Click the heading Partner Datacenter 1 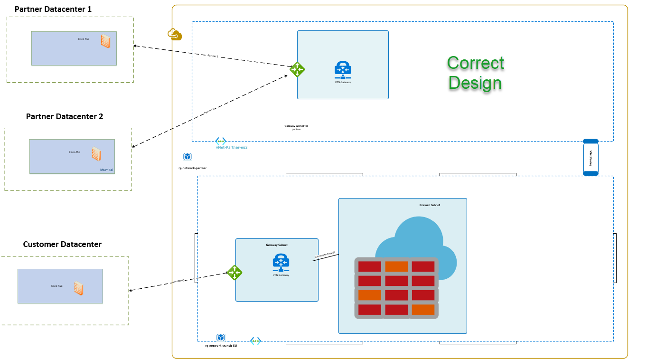(53, 9)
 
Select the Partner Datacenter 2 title (65, 116)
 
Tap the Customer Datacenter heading (62, 244)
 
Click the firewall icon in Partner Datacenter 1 (105, 41)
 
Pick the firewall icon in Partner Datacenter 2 (96, 154)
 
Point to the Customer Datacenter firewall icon (79, 288)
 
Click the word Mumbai (107, 170)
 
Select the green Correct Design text (475, 73)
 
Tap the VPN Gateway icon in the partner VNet (343, 70)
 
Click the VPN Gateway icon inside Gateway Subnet (281, 262)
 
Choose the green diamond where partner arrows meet (297, 69)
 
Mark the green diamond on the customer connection (234, 273)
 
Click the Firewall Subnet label (430, 205)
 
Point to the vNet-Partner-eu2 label (232, 147)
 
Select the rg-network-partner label (192, 168)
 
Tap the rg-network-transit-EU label (221, 346)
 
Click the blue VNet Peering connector (590, 158)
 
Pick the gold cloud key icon (174, 35)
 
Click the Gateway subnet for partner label (296, 127)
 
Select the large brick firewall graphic (396, 288)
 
